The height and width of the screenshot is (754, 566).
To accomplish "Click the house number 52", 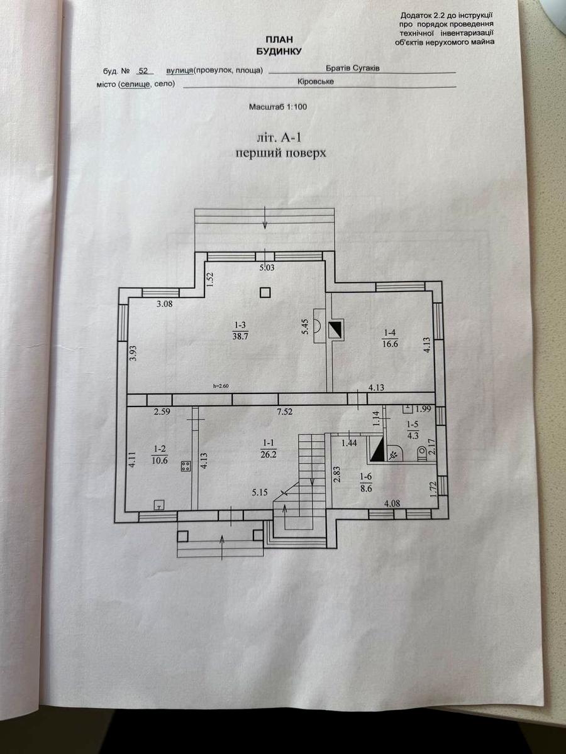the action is click(x=143, y=71).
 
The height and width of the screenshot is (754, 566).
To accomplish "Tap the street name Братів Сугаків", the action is click(x=353, y=68).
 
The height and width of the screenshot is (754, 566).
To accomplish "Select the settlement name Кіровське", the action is click(x=316, y=82).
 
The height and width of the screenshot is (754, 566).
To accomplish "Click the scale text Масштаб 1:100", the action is click(x=278, y=107).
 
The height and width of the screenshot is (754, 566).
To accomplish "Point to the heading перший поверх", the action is click(x=280, y=153).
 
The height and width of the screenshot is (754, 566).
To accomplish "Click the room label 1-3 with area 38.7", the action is click(x=240, y=331).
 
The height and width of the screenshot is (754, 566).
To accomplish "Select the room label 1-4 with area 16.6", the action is click(x=391, y=338).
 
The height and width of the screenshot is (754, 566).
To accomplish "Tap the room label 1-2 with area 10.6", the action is click(x=160, y=455).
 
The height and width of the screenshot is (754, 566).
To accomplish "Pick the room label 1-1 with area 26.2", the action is click(x=269, y=449).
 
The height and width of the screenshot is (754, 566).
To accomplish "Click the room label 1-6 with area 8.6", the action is click(x=365, y=483).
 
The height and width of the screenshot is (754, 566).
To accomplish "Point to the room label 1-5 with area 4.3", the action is click(x=412, y=430).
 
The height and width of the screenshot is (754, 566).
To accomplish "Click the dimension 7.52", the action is click(x=285, y=412).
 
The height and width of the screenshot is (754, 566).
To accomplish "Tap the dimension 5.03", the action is click(x=267, y=268).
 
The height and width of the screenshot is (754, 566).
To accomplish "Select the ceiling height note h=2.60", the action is click(x=221, y=386).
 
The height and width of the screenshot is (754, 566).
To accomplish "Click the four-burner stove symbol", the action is click(x=186, y=466).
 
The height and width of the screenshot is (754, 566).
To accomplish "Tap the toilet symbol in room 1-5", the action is click(x=421, y=454).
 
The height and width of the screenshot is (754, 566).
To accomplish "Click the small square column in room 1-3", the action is click(x=265, y=292).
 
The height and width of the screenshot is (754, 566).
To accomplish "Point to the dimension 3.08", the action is click(x=165, y=303).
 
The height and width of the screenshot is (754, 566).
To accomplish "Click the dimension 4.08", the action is click(x=392, y=504).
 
